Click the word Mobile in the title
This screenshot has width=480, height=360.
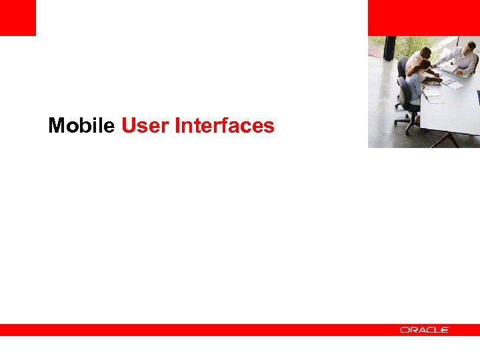pyautogui.click(x=81, y=125)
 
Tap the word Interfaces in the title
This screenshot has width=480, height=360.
pyautogui.click(x=224, y=125)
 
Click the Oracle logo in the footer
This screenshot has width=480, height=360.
pyautogui.click(x=425, y=330)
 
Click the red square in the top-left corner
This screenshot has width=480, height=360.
pyautogui.click(x=17, y=17)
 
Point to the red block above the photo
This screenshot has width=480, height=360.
pyautogui.click(x=423, y=17)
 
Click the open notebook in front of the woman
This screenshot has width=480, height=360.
pyautogui.click(x=434, y=96)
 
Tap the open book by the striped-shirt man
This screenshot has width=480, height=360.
pyautogui.click(x=453, y=83)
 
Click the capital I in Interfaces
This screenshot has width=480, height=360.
pyautogui.click(x=177, y=125)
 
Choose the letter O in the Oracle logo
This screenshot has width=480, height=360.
pyautogui.click(x=405, y=330)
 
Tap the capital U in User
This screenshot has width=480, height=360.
pyautogui.click(x=129, y=125)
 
